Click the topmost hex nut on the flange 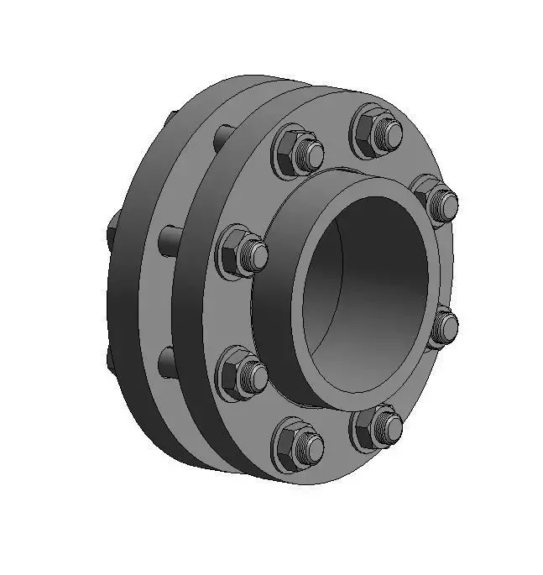tap(375, 131)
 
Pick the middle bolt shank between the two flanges tap(168, 239)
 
